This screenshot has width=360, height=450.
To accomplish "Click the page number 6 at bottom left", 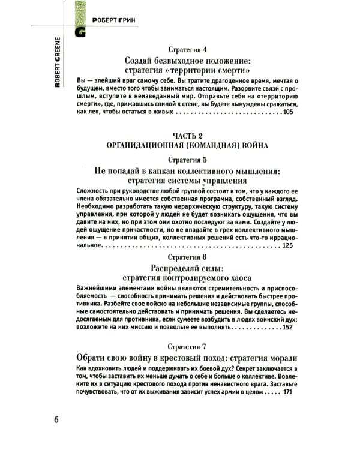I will tap(56, 419).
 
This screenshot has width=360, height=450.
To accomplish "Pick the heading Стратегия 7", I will tap(190, 347).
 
